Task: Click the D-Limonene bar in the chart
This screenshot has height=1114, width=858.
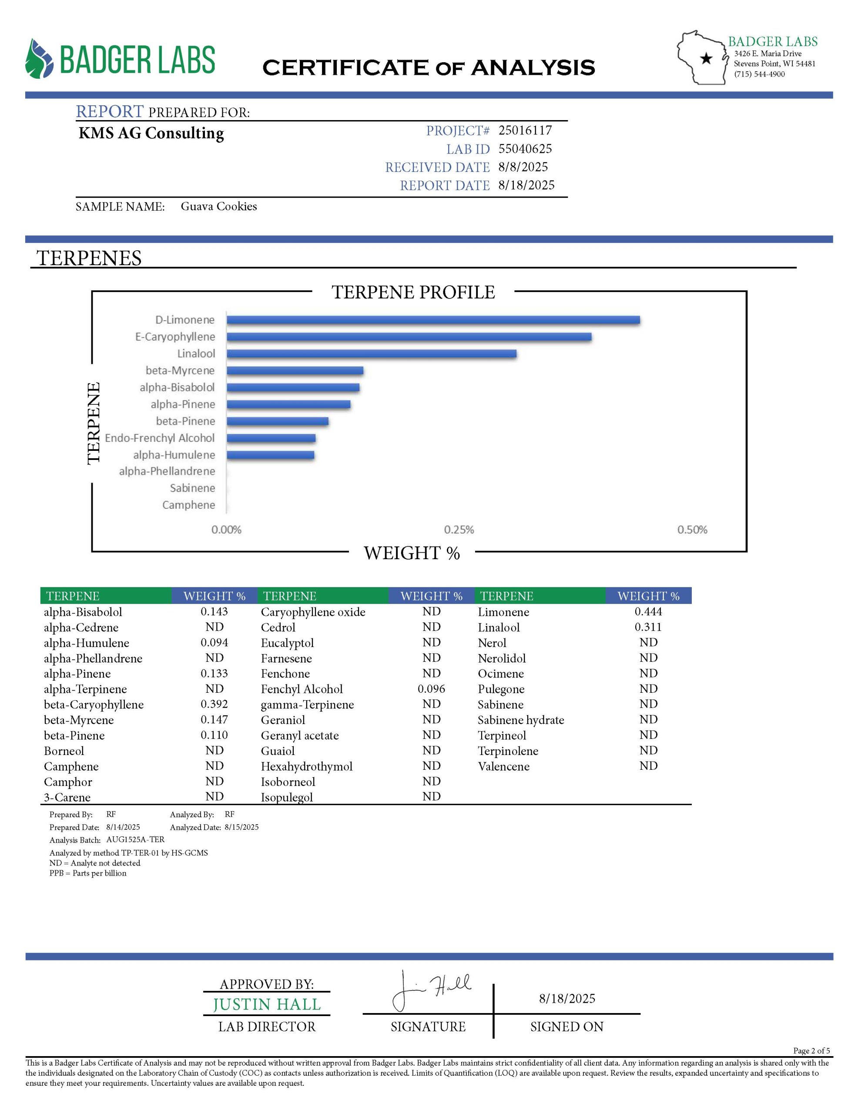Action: (x=432, y=320)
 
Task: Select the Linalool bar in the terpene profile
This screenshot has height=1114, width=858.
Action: (x=372, y=353)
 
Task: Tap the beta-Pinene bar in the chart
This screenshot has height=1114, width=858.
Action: (x=278, y=421)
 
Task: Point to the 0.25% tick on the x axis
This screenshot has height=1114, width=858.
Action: (x=459, y=530)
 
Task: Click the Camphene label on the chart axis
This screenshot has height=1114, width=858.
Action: (x=188, y=505)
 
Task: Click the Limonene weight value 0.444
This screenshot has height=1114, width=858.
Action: (x=648, y=611)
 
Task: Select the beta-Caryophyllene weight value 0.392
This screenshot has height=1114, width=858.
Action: (x=214, y=705)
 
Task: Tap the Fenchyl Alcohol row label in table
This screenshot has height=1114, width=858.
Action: (x=302, y=689)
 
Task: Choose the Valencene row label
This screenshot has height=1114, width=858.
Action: (x=503, y=766)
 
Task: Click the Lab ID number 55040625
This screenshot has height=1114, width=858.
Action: (x=525, y=149)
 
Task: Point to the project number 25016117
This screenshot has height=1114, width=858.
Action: (x=525, y=131)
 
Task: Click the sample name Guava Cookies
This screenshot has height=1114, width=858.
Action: (x=218, y=207)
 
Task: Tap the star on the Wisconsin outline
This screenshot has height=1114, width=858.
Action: (x=706, y=59)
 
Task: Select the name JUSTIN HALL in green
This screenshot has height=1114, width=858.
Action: (x=266, y=1004)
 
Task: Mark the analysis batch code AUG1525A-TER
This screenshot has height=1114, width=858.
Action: (x=135, y=839)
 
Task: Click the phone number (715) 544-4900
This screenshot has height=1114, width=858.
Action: (x=759, y=74)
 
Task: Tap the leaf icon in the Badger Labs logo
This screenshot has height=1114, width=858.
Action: (x=39, y=59)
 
